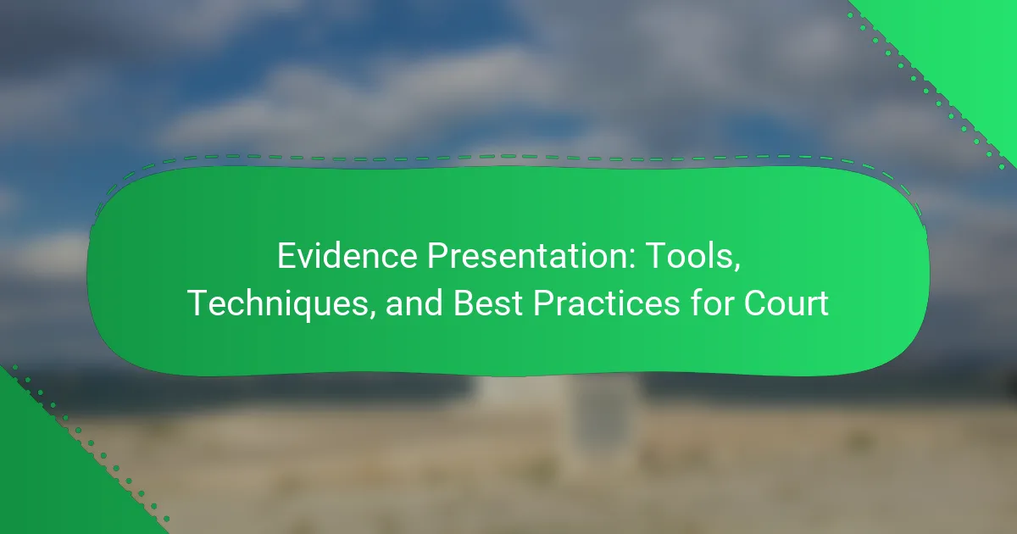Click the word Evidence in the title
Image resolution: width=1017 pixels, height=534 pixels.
click(x=347, y=256)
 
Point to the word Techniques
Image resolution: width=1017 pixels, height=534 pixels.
click(x=277, y=303)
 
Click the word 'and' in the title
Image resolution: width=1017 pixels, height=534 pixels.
click(x=414, y=303)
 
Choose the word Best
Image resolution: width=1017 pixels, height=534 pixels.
click(x=487, y=303)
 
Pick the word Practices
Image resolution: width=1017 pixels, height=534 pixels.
click(x=607, y=303)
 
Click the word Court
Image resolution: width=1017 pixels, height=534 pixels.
click(x=786, y=303)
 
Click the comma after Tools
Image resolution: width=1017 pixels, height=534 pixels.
click(x=736, y=269)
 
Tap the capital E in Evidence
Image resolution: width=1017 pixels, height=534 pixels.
click(x=286, y=256)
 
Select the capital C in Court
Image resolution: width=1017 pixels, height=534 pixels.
click(x=755, y=303)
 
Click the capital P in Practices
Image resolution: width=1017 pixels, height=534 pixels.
click(x=543, y=303)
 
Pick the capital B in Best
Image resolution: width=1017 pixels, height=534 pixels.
click(x=464, y=303)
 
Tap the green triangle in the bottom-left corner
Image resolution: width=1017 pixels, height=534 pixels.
click(x=54, y=476)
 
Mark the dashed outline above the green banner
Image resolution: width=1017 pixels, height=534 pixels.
click(x=508, y=158)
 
